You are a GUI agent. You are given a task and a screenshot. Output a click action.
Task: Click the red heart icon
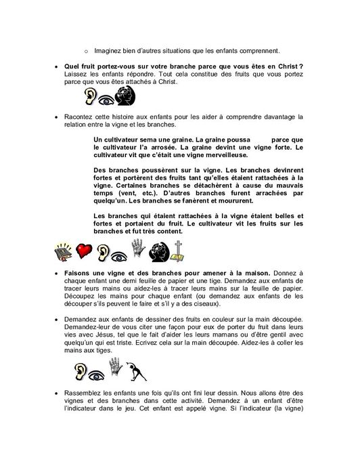(x=85, y=251)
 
